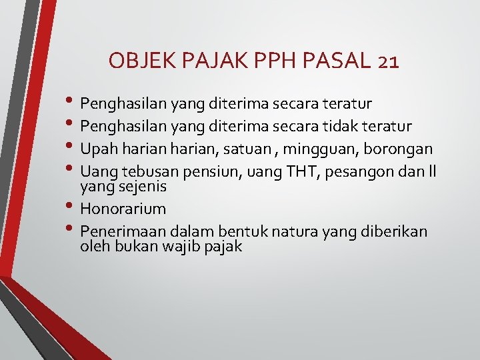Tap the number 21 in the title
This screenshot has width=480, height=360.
coord(387,62)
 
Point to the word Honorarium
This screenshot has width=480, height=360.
coord(123,209)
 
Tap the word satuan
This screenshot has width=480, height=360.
coord(246,148)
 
